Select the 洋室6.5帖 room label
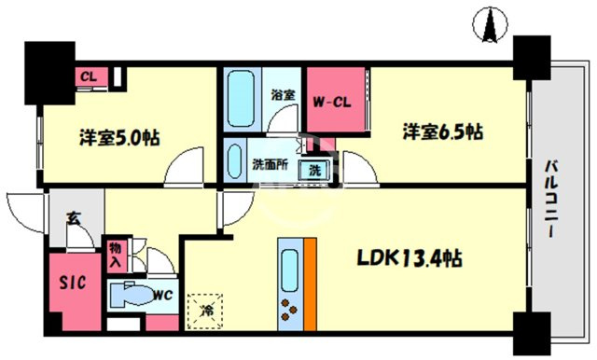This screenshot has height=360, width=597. click(442, 132)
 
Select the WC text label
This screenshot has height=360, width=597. click(161, 297)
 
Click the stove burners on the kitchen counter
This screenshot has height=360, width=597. click(288, 310)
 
